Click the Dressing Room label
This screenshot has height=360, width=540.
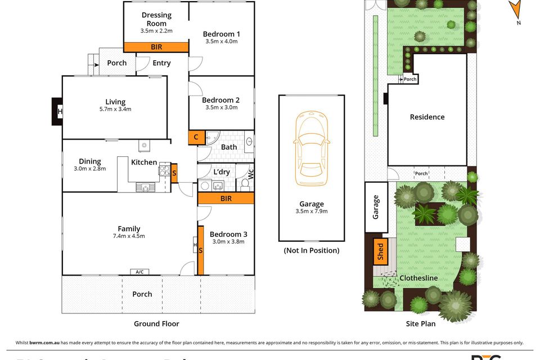[156, 19]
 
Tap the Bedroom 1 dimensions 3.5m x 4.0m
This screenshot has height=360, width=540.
[221, 42]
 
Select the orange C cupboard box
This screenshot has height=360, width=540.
[196, 137]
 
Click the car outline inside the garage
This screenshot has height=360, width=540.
[311, 147]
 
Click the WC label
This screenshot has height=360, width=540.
[251, 174]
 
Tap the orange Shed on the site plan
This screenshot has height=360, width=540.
[380, 250]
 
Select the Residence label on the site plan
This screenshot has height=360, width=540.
[427, 117]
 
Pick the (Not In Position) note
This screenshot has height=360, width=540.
[311, 250]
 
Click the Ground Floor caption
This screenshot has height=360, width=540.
[156, 323]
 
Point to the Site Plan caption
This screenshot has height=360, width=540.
[421, 323]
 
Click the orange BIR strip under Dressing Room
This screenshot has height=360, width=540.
[156, 48]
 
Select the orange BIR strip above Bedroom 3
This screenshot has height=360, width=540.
[226, 199]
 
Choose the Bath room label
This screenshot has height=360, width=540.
[229, 147]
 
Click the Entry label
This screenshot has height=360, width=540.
[161, 63]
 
